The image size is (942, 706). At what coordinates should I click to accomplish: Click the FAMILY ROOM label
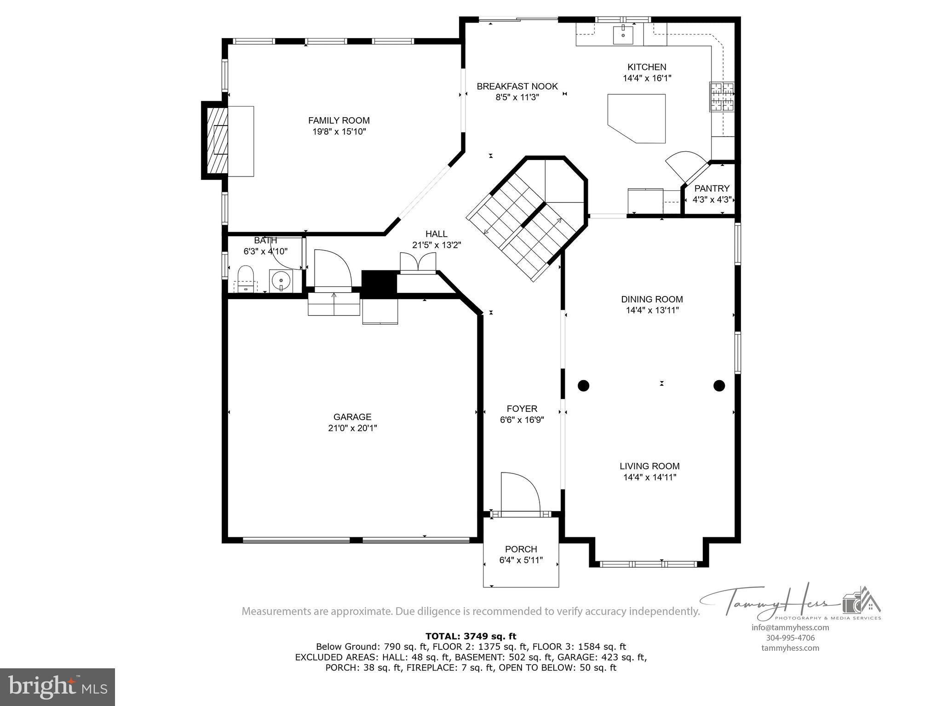tap(339, 120)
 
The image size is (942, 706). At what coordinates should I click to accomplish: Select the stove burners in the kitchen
tap(721, 97)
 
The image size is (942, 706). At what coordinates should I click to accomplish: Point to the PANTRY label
tap(712, 188)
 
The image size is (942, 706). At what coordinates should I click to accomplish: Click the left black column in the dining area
tap(583, 386)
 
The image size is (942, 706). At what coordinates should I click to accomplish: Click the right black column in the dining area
tap(719, 386)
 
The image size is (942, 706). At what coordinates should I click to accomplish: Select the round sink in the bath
tap(281, 279)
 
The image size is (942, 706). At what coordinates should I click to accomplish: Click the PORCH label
tap(521, 549)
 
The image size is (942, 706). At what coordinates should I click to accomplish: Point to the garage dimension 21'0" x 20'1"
tap(352, 428)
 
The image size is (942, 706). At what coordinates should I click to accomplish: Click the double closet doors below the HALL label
tap(418, 263)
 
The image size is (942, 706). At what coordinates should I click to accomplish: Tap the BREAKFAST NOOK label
tap(517, 86)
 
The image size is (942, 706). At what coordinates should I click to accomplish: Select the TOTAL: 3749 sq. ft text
tap(471, 637)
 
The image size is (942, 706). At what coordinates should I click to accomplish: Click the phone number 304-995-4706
tap(790, 638)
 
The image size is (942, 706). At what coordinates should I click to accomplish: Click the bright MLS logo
tap(57, 687)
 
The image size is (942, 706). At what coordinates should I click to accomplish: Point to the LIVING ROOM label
tap(649, 466)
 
